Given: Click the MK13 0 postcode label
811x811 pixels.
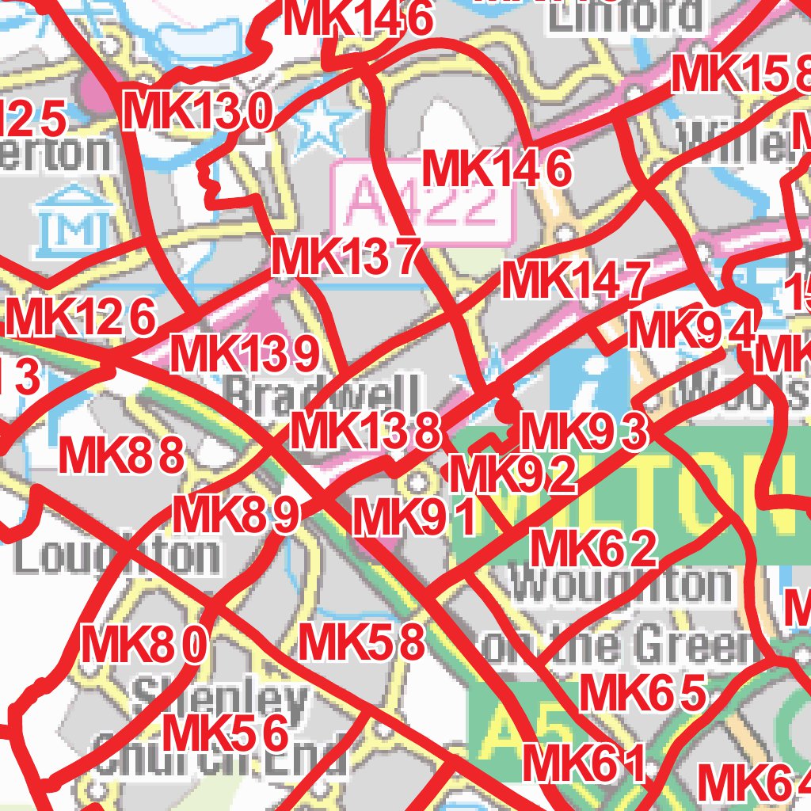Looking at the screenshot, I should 200,112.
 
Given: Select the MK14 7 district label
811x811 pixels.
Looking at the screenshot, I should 576,281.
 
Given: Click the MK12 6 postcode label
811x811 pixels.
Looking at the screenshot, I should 82,318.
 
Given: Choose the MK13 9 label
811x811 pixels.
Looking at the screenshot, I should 245,355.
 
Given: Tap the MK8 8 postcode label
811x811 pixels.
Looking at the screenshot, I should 122,456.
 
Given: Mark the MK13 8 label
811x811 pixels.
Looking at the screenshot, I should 365,432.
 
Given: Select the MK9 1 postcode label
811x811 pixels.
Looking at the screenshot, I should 414,518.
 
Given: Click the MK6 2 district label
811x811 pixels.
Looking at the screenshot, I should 593,549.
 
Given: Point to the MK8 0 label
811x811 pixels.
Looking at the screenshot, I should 144,645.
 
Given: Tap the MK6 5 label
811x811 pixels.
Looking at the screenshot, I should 642,694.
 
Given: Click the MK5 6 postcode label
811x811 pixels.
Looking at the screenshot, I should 225,733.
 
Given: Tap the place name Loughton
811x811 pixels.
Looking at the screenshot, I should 117,556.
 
